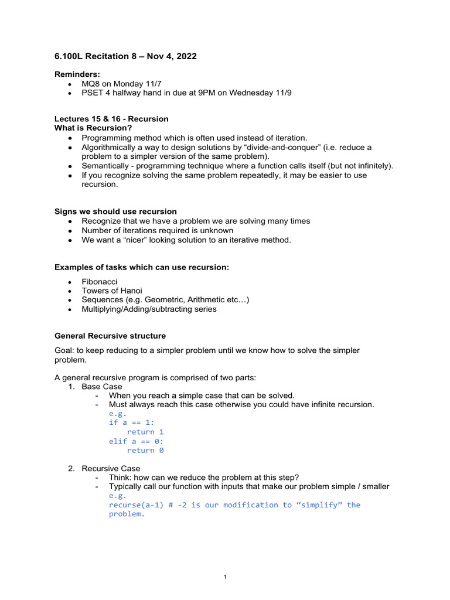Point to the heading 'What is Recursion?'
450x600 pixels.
tap(93, 128)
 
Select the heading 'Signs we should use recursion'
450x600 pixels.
tap(115, 212)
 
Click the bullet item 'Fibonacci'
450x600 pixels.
tap(99, 282)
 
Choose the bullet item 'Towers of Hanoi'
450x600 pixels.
tap(111, 291)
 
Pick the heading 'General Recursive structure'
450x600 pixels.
tap(110, 336)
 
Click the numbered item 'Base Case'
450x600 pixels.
tap(102, 387)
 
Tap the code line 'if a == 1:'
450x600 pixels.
tap(132, 422)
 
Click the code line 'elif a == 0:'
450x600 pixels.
tap(137, 441)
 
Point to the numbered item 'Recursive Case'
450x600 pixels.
tap(111, 469)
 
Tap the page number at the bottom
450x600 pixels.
tap(225, 577)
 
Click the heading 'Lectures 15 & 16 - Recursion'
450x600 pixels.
tap(111, 119)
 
